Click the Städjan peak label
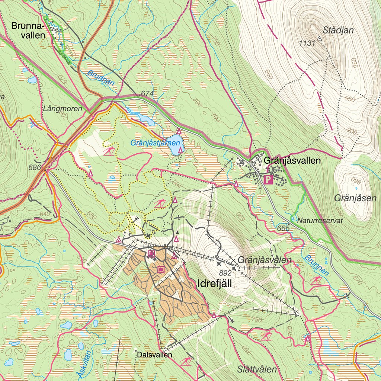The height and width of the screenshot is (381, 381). [x=338, y=30]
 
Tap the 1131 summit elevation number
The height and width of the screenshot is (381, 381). [x=307, y=43]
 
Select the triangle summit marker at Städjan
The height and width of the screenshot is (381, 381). [x=319, y=38]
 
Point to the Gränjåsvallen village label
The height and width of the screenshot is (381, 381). [x=292, y=161]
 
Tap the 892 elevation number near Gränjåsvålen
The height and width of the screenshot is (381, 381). [x=225, y=273]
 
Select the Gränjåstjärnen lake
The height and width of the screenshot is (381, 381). [x=175, y=145]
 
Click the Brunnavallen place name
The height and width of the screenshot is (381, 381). [x=28, y=31]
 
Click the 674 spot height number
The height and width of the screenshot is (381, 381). [x=147, y=95]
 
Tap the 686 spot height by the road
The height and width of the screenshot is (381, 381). [x=34, y=167]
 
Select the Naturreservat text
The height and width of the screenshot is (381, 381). [x=320, y=220]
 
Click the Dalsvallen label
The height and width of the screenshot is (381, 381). [x=154, y=355]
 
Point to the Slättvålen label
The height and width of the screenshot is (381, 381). [x=257, y=369]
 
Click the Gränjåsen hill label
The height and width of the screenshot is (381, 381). [x=355, y=198]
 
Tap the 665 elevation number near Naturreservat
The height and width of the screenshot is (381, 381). [x=283, y=228]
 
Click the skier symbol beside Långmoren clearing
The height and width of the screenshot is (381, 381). [x=109, y=151]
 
